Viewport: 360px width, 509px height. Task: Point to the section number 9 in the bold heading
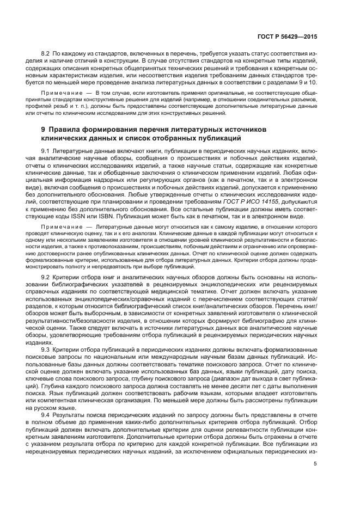click(x=44, y=130)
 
